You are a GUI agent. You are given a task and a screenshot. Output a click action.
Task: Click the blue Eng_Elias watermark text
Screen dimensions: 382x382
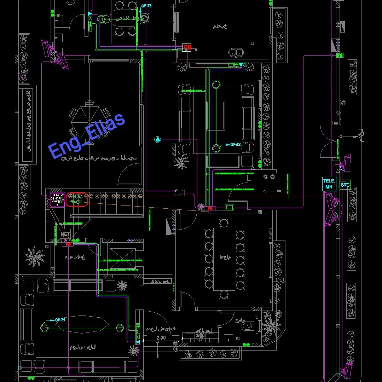[86, 136]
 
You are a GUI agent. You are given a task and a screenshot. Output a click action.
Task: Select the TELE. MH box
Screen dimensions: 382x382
[329, 184]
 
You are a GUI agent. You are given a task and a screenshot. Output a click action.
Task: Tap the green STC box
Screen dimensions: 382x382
[345, 185]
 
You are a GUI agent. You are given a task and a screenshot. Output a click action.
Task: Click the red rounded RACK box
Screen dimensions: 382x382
[76, 199]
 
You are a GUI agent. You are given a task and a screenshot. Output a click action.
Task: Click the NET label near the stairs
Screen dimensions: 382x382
[65, 234]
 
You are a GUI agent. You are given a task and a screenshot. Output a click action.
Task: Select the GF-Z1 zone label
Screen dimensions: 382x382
[60, 320]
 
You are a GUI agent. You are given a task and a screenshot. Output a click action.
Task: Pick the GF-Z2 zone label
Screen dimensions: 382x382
[235, 144]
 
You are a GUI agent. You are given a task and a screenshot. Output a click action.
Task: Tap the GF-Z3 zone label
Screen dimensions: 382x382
[146, 6]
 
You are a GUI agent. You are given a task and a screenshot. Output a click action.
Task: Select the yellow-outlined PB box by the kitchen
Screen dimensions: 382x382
[187, 47]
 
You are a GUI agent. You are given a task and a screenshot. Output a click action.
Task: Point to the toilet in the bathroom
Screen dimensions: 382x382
[249, 326]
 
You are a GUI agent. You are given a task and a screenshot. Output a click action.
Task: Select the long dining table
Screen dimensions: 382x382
[224, 259]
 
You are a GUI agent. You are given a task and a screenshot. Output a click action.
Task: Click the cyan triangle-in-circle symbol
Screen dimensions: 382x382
[158, 139]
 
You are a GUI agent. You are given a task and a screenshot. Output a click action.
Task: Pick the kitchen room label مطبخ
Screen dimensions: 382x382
[220, 26]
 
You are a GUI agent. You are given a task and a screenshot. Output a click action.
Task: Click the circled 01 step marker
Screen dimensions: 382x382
[175, 349]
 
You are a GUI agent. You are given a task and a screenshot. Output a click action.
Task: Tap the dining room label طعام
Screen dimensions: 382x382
[225, 257]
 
